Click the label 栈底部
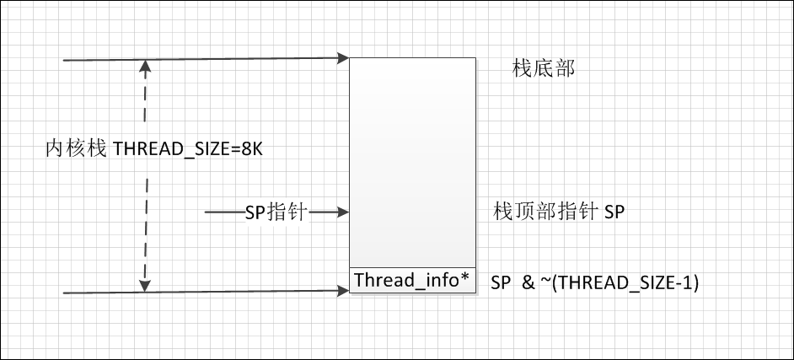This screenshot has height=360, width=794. [x=544, y=69]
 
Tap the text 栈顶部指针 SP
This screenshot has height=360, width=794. [x=559, y=212]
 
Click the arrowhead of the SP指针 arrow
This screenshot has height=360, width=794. [x=344, y=212]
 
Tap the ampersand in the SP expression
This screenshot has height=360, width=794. [x=528, y=283]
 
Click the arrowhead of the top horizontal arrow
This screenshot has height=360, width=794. [x=344, y=58]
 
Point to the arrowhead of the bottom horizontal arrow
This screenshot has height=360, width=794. [x=344, y=292]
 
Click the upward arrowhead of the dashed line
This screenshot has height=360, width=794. [x=146, y=65]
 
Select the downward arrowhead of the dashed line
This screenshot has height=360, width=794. [x=146, y=286]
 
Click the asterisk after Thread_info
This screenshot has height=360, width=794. [x=465, y=278]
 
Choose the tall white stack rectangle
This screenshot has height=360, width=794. [x=412, y=160]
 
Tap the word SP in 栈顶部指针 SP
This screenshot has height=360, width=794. [x=614, y=212]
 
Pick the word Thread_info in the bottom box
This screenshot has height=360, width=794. [x=406, y=280]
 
